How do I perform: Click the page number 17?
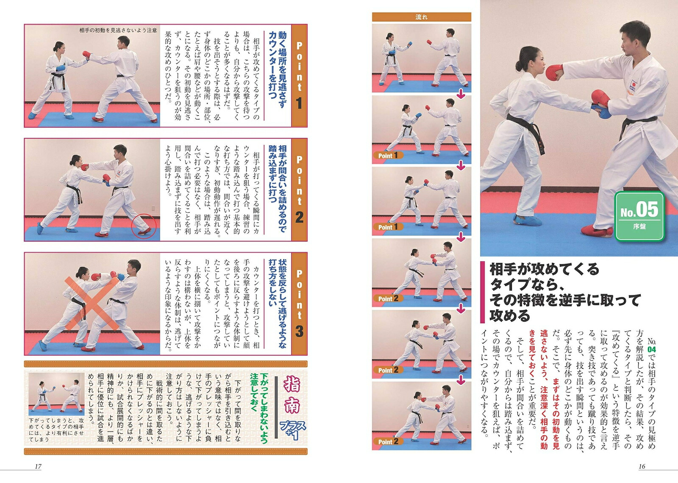pos(38,466)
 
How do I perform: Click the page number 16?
pos(642,466)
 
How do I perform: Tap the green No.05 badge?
pos(639,216)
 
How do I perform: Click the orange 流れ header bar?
pos(421,17)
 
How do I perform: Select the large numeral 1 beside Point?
pos(299,103)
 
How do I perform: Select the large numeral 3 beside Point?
pos(299,331)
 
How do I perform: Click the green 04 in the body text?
pos(651,349)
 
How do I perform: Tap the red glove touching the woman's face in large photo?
pos(554,73)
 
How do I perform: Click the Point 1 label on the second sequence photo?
pos(388,155)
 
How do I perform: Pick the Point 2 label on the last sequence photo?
pos(388,442)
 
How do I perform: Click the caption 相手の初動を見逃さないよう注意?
pos(118,30)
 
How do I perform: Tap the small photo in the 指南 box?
pos(57,394)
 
